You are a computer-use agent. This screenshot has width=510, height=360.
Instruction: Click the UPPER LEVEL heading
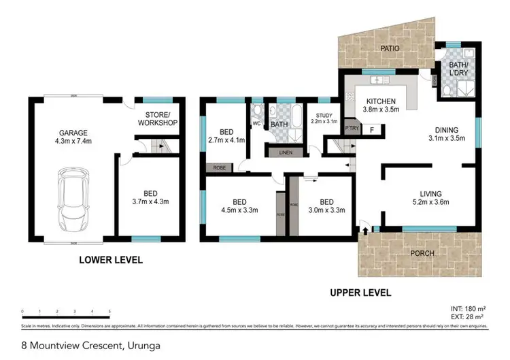[x=360, y=293]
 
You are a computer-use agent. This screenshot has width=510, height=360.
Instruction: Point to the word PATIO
[x=390, y=49]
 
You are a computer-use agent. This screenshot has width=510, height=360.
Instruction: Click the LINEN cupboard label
[x=286, y=152]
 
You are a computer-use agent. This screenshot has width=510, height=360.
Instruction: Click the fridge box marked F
[x=371, y=129]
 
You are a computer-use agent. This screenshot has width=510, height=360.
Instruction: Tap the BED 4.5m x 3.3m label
[x=239, y=206]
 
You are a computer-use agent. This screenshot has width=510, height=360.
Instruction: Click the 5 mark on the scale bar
[x=109, y=311]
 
